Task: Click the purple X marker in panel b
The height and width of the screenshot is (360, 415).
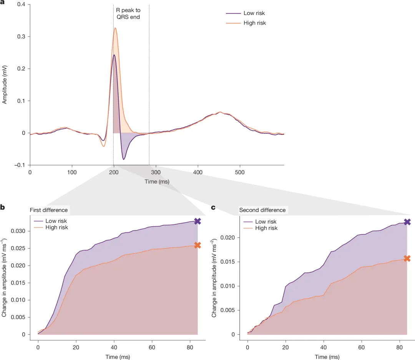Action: click(x=198, y=221)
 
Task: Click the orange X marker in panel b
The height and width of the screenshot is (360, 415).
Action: click(x=198, y=245)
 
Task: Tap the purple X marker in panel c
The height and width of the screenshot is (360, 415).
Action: click(x=407, y=222)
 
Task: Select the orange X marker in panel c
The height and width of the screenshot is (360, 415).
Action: click(x=407, y=258)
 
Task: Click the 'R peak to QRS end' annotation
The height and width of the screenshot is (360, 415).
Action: click(x=128, y=13)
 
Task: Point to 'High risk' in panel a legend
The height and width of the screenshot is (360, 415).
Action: click(x=255, y=23)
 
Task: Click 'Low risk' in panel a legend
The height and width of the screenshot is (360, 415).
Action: click(x=254, y=13)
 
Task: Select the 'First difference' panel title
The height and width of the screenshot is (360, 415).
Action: click(x=49, y=210)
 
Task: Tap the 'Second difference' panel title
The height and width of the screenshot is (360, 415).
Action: click(x=262, y=210)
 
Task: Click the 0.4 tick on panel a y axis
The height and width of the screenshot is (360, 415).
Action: click(x=21, y=5)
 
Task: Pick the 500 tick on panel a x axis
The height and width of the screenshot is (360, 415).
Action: click(x=240, y=173)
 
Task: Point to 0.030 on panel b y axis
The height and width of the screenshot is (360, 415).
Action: click(x=18, y=231)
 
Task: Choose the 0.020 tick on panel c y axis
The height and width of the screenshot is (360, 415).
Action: click(x=227, y=238)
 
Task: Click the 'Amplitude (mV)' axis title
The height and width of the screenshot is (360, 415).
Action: click(x=4, y=85)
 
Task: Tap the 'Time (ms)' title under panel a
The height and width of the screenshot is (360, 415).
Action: click(x=157, y=182)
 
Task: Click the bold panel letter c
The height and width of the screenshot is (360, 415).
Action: click(x=213, y=207)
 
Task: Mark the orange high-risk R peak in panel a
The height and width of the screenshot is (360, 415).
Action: click(x=115, y=28)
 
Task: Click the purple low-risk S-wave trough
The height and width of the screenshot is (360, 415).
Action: click(x=124, y=159)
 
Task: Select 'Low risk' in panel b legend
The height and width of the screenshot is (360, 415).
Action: click(x=56, y=221)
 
